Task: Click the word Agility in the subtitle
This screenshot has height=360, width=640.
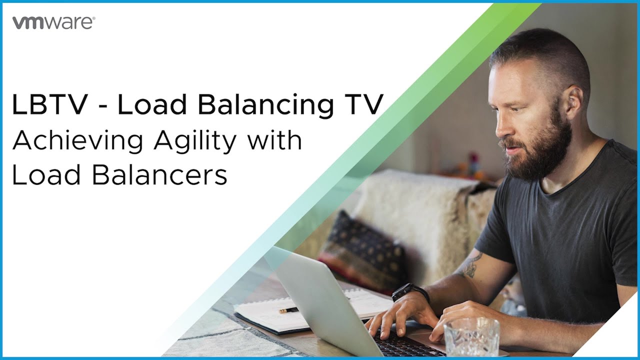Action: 195,141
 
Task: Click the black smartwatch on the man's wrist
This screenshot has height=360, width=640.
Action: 410,292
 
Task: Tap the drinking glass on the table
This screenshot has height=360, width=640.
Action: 471,337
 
